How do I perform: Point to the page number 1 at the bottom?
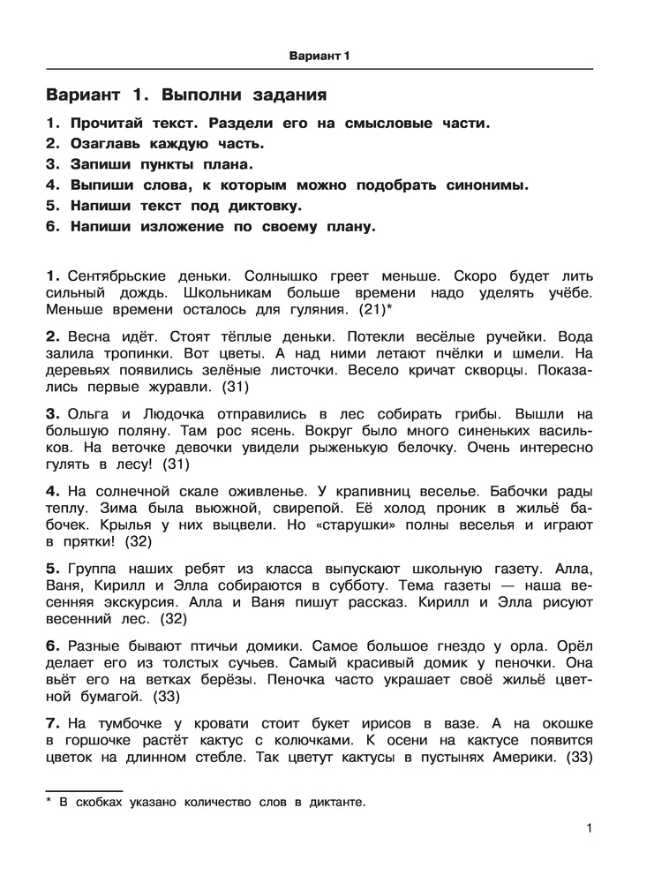(x=588, y=828)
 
